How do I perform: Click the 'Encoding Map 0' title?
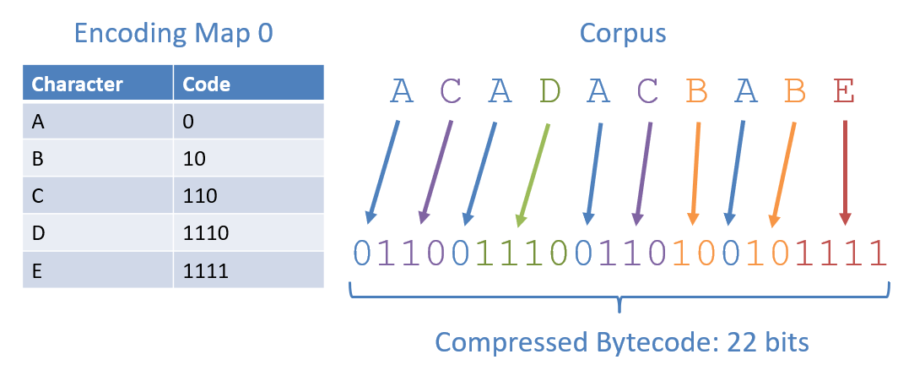coord(173,34)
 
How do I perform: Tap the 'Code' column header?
coord(248,84)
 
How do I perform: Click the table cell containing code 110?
coord(248,196)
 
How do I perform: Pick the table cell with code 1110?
coord(248,233)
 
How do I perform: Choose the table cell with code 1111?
coord(248,270)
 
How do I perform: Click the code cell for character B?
coord(248,159)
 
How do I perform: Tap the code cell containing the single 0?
coord(248,122)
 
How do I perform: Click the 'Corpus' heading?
coord(623,34)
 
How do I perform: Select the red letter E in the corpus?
coord(844,91)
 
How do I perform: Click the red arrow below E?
coord(845,173)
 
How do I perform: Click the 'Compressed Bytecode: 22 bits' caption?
coord(622,343)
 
